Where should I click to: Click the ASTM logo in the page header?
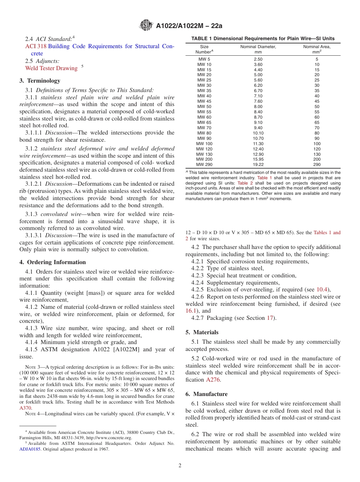[146, 25]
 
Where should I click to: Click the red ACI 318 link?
[36, 46]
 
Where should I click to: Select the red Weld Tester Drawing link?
[51, 68]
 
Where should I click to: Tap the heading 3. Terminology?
[40, 81]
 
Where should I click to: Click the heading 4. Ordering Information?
[53, 262]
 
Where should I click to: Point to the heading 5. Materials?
[202, 332]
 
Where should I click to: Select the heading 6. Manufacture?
[207, 394]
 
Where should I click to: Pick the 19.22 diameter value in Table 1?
[258, 164]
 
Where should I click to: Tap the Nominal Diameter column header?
[258, 47]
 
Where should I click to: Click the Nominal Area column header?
[316, 47]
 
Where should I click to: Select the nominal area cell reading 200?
[317, 160]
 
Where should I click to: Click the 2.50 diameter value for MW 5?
[258, 59]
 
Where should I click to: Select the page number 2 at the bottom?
[180, 466]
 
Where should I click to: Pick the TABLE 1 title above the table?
[263, 39]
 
